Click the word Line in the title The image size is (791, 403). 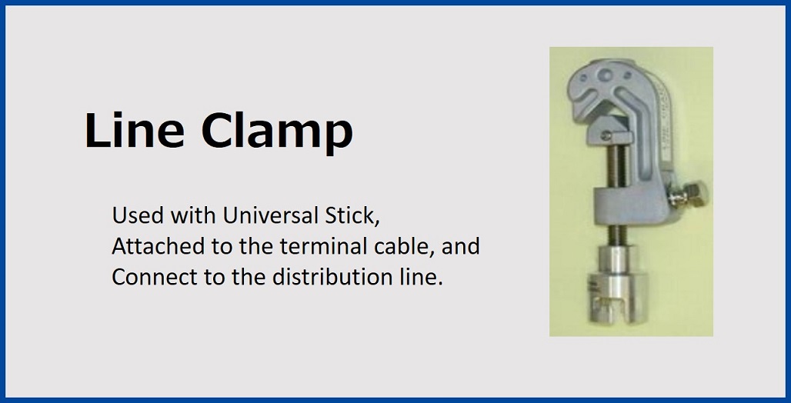coord(134,131)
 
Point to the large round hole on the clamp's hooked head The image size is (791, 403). coord(606,76)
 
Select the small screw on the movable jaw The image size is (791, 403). coord(607,135)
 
